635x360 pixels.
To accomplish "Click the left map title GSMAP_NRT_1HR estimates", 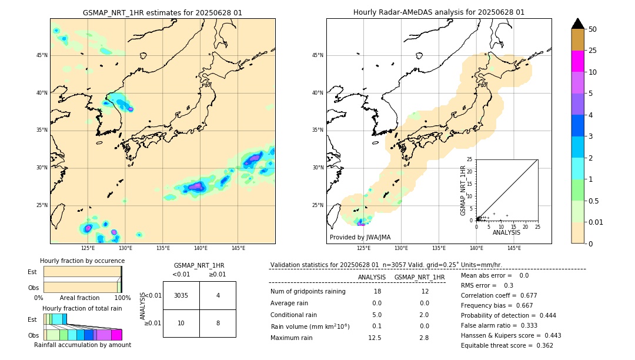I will pyautogui.click(x=162, y=12).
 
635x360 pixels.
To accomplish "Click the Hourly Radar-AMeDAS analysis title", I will pyautogui.click(x=439, y=12).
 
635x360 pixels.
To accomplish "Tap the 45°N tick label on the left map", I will pyautogui.click(x=42, y=55).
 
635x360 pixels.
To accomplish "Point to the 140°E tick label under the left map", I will pyautogui.click(x=200, y=248).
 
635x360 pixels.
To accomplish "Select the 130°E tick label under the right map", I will pyautogui.click(x=402, y=248).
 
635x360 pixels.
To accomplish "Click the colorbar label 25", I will pyautogui.click(x=593, y=51).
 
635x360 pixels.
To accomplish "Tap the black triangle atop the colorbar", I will pyautogui.click(x=578, y=24).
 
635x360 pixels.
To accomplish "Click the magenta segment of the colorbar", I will pyautogui.click(x=578, y=61).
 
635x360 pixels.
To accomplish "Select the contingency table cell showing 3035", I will pyautogui.click(x=181, y=295).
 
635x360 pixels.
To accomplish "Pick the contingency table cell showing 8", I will pyautogui.click(x=218, y=323).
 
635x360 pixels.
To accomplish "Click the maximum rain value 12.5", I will pyautogui.click(x=375, y=338).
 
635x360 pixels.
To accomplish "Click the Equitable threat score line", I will pyautogui.click(x=507, y=345).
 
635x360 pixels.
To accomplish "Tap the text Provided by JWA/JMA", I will pyautogui.click(x=360, y=238).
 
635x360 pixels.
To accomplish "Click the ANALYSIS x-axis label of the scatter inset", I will pyautogui.click(x=506, y=232).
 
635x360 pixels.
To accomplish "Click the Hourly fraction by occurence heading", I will pyautogui.click(x=82, y=261).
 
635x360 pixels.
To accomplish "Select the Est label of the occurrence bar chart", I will pyautogui.click(x=32, y=272).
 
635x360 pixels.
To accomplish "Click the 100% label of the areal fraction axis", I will pyautogui.click(x=122, y=298).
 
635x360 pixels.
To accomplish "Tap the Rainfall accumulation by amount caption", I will pyautogui.click(x=82, y=345).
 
